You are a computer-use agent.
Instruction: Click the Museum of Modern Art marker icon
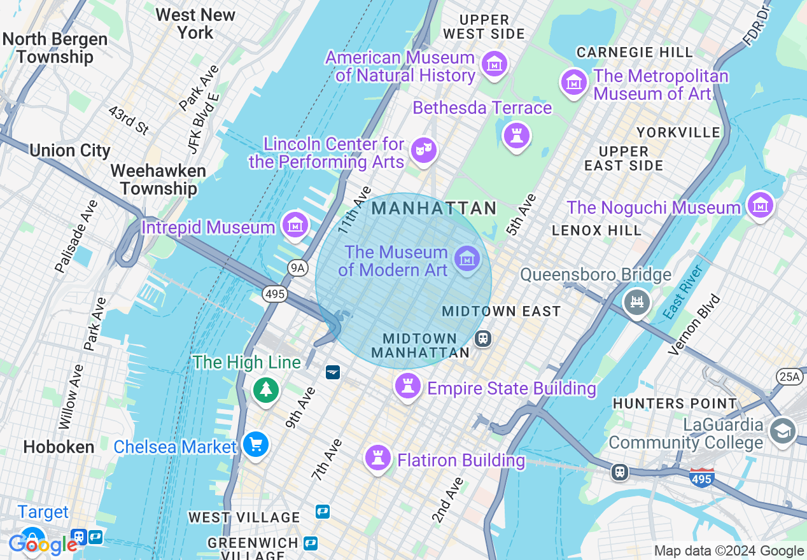(467, 259)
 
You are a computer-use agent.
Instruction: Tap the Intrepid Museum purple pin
(295, 225)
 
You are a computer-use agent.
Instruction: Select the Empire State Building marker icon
(408, 385)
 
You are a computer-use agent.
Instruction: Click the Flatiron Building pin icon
(378, 457)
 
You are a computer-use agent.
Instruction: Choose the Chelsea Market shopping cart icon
(256, 445)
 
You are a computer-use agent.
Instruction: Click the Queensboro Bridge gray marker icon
(637, 300)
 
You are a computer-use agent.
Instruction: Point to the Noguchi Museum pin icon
(760, 205)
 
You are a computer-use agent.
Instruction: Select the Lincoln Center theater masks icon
(421, 150)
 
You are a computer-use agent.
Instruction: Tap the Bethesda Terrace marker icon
(516, 135)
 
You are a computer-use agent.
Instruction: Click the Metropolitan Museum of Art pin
(573, 81)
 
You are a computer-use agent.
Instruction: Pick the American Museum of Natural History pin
(495, 64)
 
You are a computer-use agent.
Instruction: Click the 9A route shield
(297, 268)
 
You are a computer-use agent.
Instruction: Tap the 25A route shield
(789, 377)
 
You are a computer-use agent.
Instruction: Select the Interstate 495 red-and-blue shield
(701, 477)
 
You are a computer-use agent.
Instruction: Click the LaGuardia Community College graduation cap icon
(782, 431)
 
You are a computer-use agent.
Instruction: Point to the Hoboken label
(59, 447)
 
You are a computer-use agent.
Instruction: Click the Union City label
(70, 151)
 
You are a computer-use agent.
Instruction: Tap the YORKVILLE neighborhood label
(678, 132)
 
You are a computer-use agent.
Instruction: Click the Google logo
(43, 544)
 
